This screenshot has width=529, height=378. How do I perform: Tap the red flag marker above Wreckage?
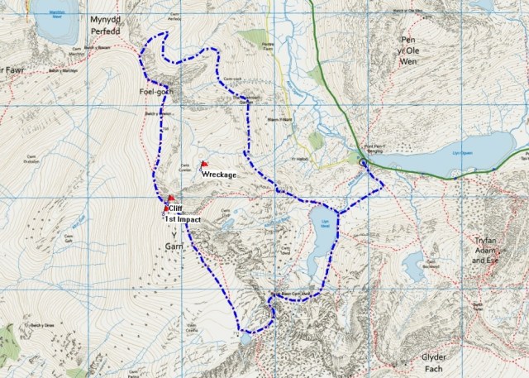(x=204, y=165)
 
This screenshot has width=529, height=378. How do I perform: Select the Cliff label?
(x=176, y=208)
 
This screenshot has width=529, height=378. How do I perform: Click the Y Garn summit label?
(x=174, y=240)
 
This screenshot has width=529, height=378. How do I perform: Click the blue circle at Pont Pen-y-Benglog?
(x=364, y=165)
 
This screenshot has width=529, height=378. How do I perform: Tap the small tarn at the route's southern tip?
(x=245, y=338)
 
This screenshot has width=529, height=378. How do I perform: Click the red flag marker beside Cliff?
(x=170, y=199)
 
